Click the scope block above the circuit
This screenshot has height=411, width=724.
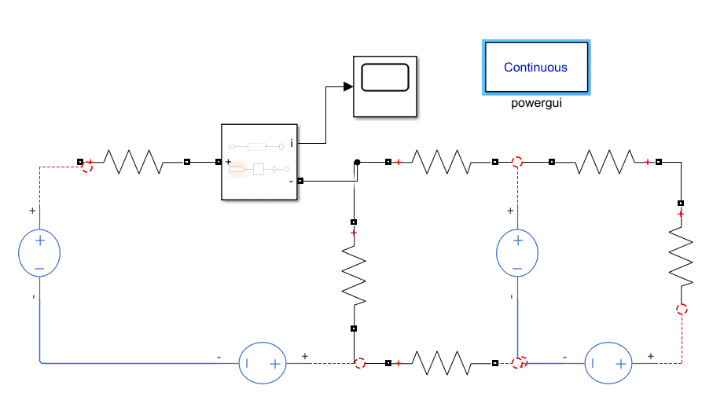pos(384,86)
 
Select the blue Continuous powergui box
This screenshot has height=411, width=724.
pos(535,68)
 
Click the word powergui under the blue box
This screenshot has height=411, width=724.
pos(536,103)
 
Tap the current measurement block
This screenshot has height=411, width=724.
pos(259,162)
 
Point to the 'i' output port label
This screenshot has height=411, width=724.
pos(292,143)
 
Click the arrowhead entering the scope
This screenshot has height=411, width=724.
pos(347,86)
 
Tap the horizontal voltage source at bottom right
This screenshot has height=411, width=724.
pos(607,363)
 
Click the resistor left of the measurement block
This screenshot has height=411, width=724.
pos(134,163)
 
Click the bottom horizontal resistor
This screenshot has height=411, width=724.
pos(442,363)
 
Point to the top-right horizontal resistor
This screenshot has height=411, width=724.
pos(605,163)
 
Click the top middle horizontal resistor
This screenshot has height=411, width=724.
pos(442,163)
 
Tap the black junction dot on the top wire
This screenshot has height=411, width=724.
pos(357,163)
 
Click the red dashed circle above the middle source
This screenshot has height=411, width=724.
pos(517,163)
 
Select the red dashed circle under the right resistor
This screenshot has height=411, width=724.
pos(682,310)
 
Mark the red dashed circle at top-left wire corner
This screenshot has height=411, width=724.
pos(87,166)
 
